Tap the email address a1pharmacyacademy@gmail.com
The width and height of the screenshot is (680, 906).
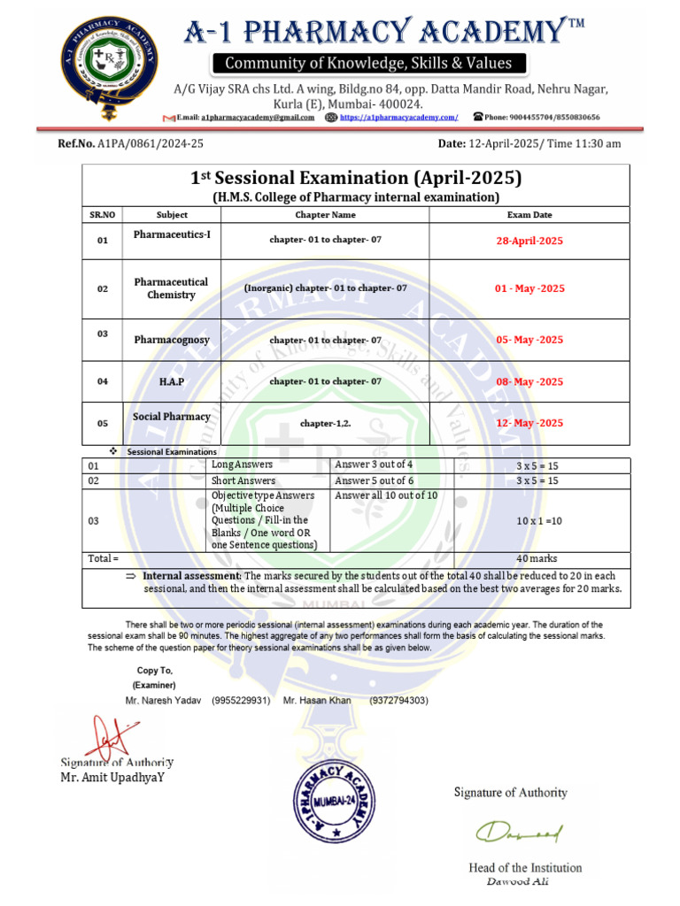click(x=257, y=117)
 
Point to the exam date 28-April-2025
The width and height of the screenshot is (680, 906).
click(x=529, y=241)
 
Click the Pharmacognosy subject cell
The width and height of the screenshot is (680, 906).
click(x=172, y=340)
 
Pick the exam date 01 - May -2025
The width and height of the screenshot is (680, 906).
click(x=529, y=288)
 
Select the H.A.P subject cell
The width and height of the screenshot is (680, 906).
click(x=172, y=381)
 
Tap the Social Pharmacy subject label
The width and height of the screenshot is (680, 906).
click(x=172, y=417)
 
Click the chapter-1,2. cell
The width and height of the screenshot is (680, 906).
click(x=325, y=424)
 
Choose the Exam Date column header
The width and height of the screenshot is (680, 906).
click(x=529, y=214)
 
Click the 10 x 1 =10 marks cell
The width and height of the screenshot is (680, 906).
click(x=541, y=521)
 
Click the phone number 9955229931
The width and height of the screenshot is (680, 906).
click(x=241, y=701)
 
